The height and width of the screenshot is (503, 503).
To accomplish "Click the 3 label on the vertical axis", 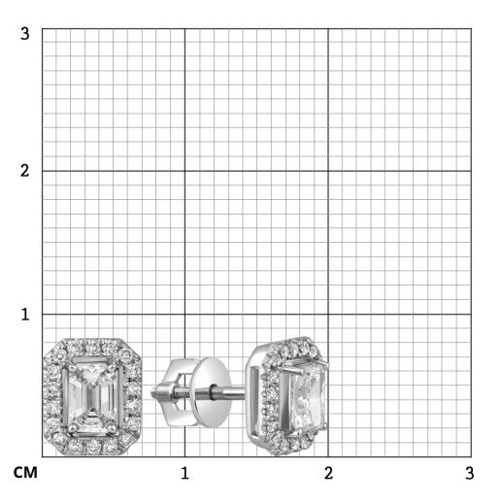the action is coord(25,33).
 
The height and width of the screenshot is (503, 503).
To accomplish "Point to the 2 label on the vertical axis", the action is coord(25,171).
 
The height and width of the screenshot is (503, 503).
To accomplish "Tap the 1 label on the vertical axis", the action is coord(25,314).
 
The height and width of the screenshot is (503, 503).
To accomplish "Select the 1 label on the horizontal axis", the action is coord(184,473).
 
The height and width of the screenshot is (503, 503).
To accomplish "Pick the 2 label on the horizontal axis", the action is coord(328,473).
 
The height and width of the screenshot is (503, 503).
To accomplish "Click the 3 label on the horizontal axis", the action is coord(470,473).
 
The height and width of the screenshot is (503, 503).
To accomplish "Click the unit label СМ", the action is coord(25,473).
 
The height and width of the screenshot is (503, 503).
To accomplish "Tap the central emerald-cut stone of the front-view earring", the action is coord(92,396).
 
